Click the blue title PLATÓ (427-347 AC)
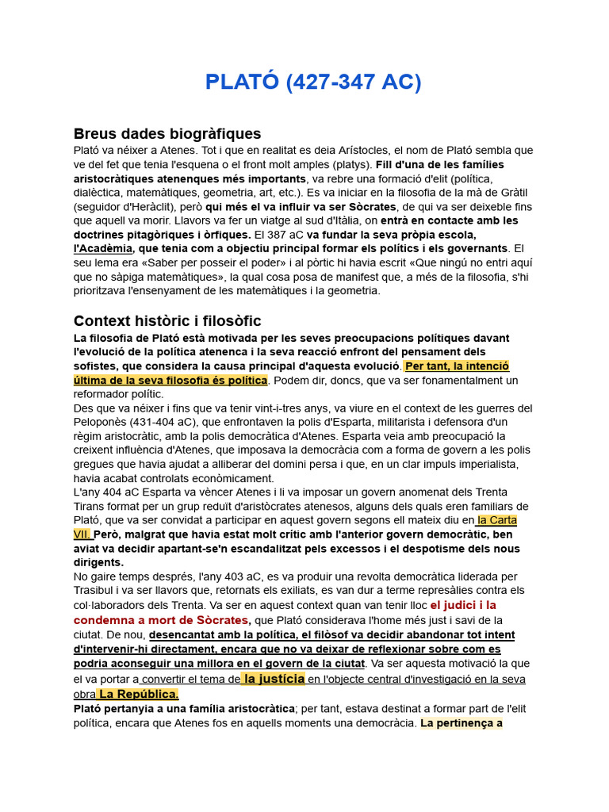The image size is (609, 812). point(313,82)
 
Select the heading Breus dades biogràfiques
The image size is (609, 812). point(167,133)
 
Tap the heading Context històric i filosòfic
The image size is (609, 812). point(167,320)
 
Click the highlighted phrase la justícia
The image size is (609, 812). point(274,679)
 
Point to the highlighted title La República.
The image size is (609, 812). point(138,694)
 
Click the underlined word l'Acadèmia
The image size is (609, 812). point(102,249)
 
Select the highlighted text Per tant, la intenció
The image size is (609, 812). point(457,366)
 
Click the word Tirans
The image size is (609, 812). point(90,507)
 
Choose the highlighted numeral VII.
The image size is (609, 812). point(82,534)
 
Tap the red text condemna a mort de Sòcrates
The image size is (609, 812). point(162,619)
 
